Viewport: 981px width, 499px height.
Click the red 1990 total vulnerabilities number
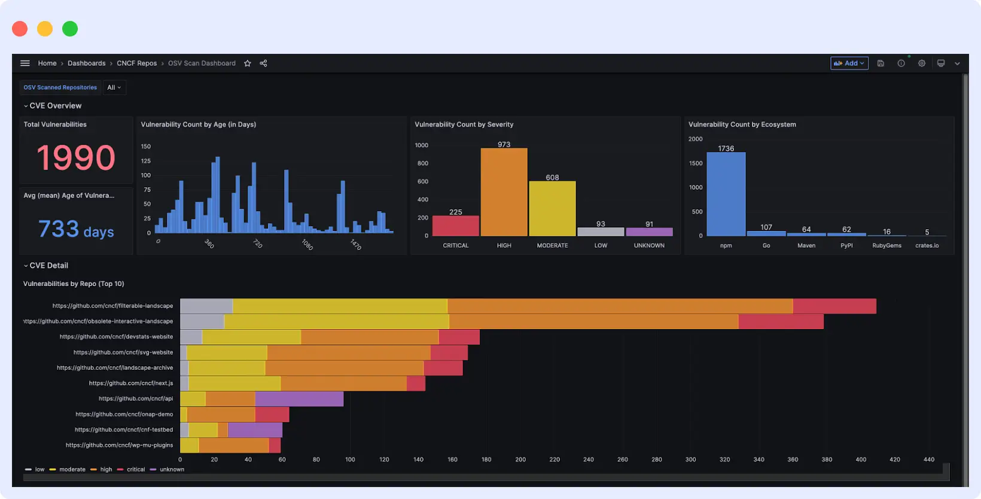point(75,157)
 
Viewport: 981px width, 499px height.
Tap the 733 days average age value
point(76,229)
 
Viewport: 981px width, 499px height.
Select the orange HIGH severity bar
point(504,192)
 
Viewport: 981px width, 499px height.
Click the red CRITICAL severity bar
point(455,226)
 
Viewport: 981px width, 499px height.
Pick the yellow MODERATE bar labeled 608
point(552,209)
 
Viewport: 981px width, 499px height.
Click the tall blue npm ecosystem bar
point(726,194)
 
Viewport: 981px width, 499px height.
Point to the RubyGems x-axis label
point(886,245)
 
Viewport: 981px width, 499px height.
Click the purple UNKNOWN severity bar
point(649,232)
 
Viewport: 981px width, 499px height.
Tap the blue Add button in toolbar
point(849,63)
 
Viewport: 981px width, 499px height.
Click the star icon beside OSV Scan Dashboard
point(248,63)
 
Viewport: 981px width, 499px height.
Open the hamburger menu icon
point(25,63)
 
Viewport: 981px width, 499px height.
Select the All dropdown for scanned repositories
point(114,87)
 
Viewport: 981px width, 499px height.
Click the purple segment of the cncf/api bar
point(299,399)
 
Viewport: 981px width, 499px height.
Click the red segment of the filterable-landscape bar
point(834,306)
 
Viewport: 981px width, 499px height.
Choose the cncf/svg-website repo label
point(123,352)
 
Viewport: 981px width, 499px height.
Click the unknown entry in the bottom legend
point(172,470)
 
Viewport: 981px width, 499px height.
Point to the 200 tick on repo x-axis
point(520,460)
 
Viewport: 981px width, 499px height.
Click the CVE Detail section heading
point(49,266)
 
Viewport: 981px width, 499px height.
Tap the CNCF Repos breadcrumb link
point(136,63)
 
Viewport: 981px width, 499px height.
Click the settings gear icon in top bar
point(921,63)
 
